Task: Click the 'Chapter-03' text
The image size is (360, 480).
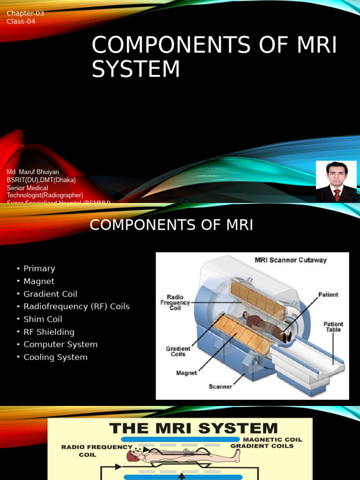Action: click(x=25, y=13)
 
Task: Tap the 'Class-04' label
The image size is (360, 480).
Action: click(x=21, y=21)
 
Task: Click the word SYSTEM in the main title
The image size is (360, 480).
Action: click(x=136, y=69)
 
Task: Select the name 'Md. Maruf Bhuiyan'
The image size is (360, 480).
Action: click(x=33, y=172)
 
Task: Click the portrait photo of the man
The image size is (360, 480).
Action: click(x=336, y=181)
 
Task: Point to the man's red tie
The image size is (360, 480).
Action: click(x=337, y=195)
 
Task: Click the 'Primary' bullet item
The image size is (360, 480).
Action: click(x=39, y=269)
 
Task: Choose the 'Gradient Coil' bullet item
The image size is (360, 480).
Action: click(x=50, y=294)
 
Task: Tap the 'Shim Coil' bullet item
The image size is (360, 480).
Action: click(x=43, y=319)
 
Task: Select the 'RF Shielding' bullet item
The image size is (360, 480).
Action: click(x=49, y=332)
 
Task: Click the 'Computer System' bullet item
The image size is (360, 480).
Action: click(x=60, y=345)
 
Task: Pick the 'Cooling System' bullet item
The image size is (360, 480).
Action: click(x=55, y=357)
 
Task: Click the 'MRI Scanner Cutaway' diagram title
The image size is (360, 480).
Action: click(x=291, y=260)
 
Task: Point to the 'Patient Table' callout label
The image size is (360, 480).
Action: click(x=333, y=327)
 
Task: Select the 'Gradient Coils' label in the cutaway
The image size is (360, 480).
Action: click(x=178, y=352)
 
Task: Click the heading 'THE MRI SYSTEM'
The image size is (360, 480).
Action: click(x=193, y=428)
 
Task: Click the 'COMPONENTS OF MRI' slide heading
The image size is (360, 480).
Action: click(x=171, y=225)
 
